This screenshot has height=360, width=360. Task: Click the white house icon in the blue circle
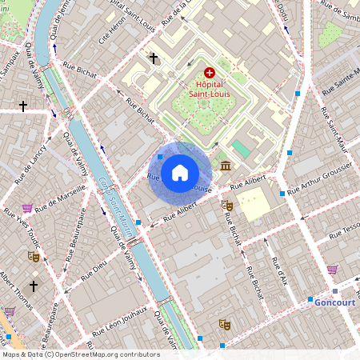click(180, 172)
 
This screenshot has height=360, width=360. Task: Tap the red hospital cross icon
click(210, 72)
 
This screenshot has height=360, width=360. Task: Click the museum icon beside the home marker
click(226, 166)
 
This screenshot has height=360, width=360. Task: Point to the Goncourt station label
click(334, 302)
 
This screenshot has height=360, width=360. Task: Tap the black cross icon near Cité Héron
click(153, 58)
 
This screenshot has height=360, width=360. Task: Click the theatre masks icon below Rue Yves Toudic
click(34, 257)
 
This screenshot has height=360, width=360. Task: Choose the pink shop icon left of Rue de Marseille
click(28, 209)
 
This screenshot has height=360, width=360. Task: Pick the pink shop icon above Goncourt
click(332, 270)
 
